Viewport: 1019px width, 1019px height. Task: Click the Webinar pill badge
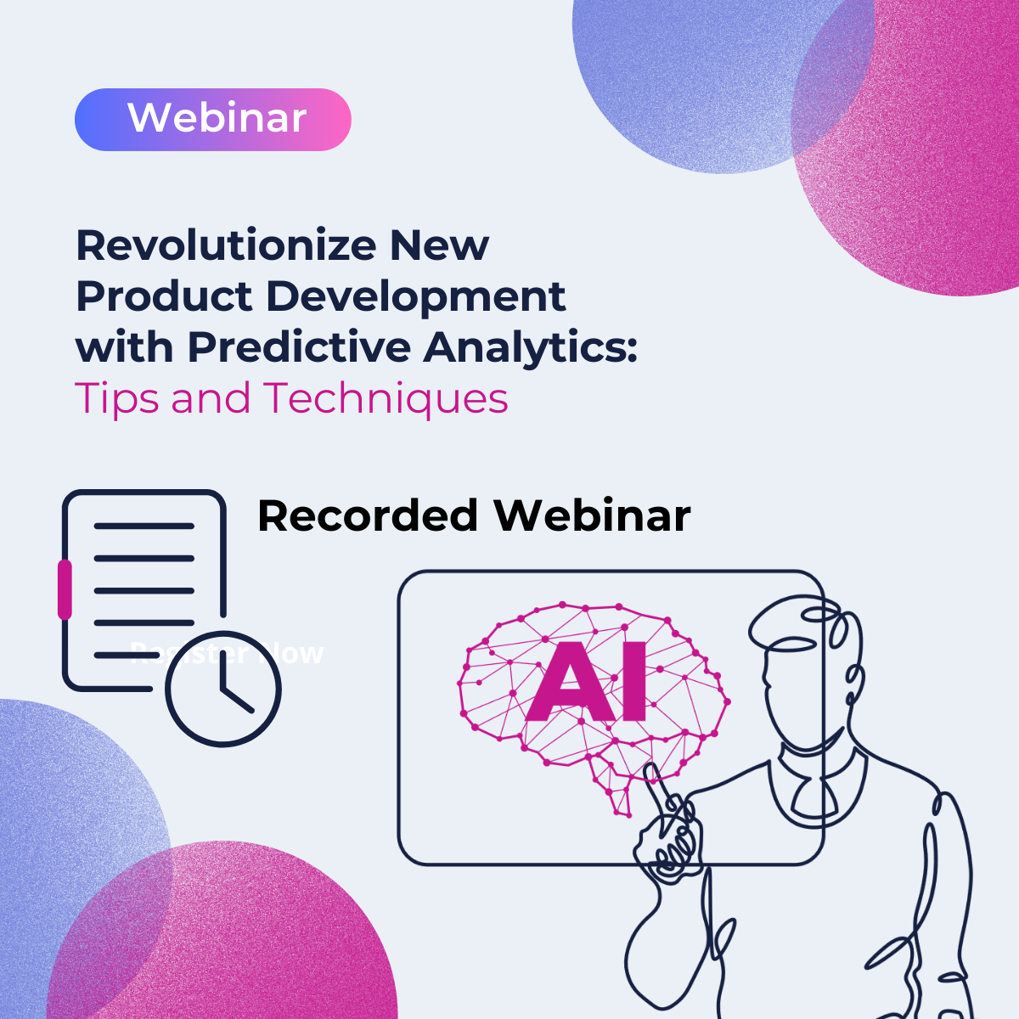coord(212,120)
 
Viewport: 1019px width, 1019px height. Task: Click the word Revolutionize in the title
coord(226,246)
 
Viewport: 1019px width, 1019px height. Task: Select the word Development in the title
coord(415,296)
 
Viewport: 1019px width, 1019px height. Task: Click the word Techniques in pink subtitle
coord(386,397)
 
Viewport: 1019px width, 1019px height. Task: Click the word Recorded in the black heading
coord(368,515)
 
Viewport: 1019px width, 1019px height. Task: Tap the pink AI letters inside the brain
coord(587,684)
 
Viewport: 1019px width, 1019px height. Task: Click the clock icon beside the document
coord(222,689)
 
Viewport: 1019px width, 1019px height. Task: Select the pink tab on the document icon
coord(65,588)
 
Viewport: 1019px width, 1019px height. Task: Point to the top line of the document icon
coord(144,526)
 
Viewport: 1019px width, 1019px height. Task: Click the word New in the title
coord(439,246)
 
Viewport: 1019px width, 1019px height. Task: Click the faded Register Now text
coord(228,654)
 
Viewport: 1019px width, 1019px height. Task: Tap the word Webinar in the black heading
coord(592,515)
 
